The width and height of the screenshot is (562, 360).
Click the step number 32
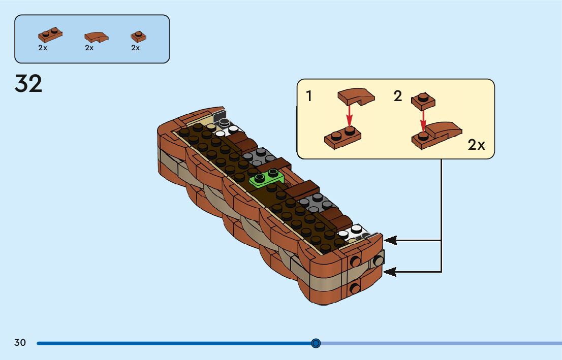[28, 84]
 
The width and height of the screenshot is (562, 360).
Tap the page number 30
[20, 343]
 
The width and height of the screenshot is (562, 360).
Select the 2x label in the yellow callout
[476, 145]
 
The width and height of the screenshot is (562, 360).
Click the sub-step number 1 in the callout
[309, 96]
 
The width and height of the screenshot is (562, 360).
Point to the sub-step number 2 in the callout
[397, 96]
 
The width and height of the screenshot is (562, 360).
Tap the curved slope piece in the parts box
[96, 37]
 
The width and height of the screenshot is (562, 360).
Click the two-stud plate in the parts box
[50, 35]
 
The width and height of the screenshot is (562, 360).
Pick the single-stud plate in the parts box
[138, 37]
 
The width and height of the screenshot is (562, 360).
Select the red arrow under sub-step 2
[423, 121]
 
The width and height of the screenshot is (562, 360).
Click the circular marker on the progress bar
[316, 343]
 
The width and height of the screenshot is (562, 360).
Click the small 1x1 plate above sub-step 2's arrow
[423, 101]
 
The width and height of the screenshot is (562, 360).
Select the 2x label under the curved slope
[89, 48]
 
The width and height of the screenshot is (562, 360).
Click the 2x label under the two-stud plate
[43, 48]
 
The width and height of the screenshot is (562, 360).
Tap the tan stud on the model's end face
[378, 261]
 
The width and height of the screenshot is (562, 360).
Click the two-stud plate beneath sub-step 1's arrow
[342, 137]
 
